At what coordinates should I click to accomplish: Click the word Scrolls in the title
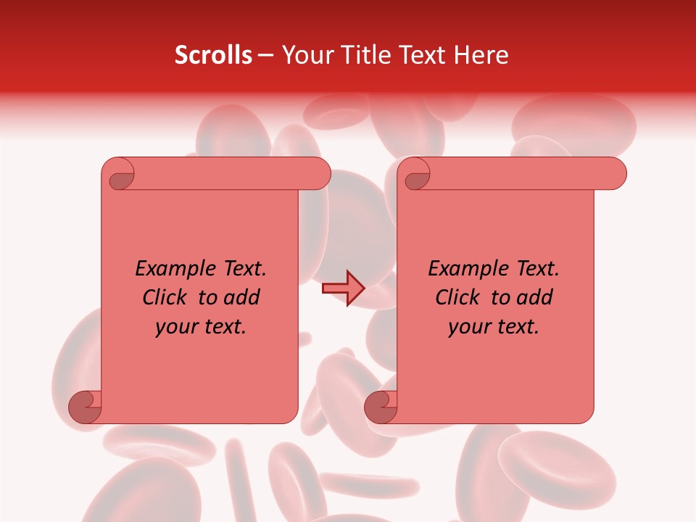[213, 55]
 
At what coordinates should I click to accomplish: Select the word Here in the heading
[481, 55]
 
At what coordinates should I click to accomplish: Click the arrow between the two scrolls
[342, 289]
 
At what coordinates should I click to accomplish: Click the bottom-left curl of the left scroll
[86, 407]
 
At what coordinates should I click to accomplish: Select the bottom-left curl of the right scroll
[381, 407]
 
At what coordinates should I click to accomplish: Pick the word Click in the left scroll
[166, 297]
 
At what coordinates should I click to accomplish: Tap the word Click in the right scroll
[459, 297]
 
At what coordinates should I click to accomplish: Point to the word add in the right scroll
[534, 297]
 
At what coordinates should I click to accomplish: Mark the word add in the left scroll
[241, 297]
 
